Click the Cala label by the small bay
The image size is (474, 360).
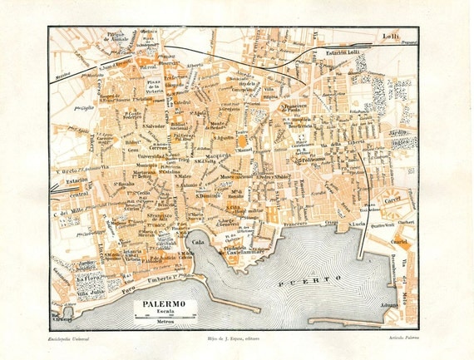tap(198, 241)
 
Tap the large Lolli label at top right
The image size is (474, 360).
tap(390, 36)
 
